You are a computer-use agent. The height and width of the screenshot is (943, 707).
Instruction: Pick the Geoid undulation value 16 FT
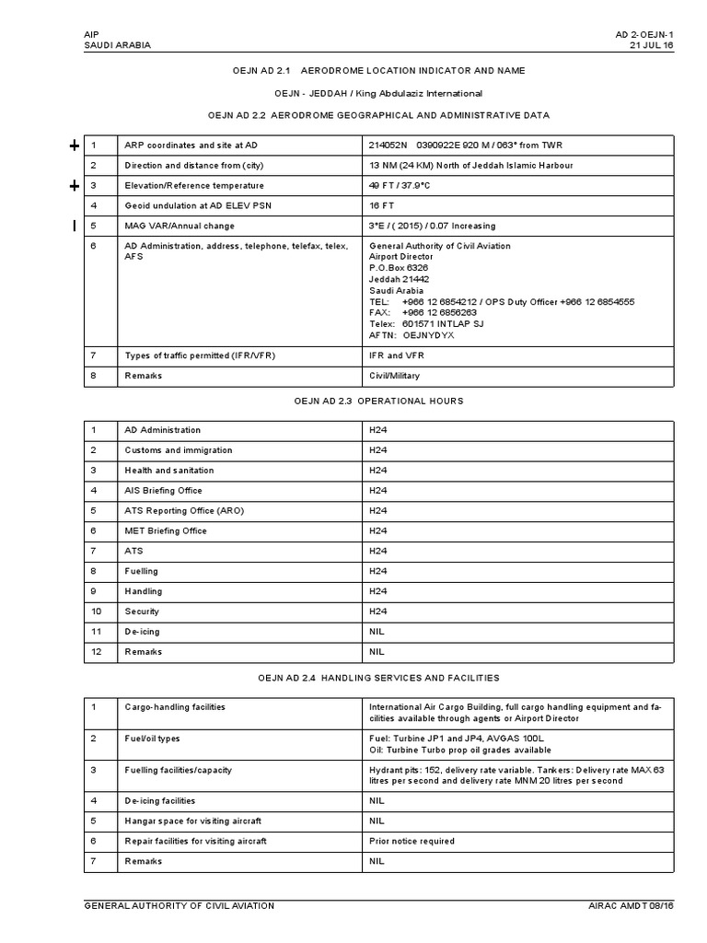382,205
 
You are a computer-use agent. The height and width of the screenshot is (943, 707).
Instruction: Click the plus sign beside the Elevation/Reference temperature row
75,186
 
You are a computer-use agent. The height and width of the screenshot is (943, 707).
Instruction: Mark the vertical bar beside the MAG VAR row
75,227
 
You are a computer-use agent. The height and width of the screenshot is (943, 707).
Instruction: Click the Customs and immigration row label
179,450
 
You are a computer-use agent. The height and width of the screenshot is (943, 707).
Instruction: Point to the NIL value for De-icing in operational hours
377,632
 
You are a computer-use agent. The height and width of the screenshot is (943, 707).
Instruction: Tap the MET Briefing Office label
166,531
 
